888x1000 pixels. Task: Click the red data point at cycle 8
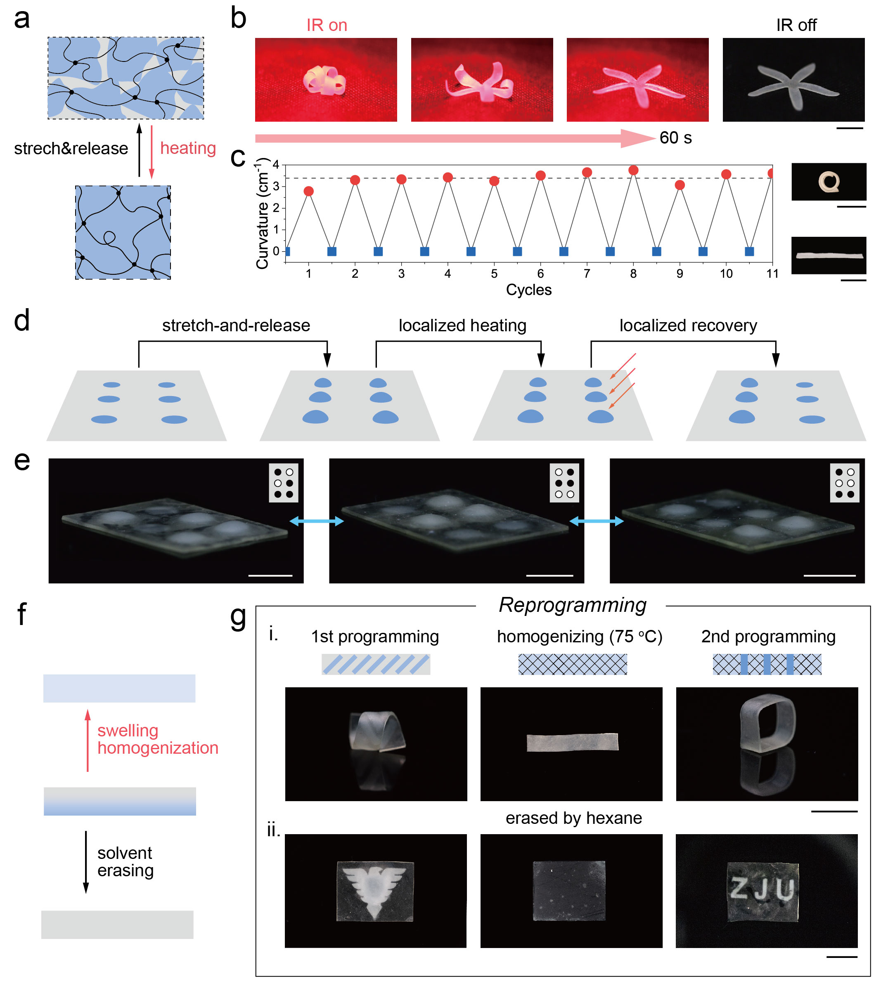(x=633, y=170)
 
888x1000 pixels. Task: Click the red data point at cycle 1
(x=308, y=191)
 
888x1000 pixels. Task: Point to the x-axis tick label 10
(x=726, y=274)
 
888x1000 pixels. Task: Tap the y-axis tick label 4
(x=276, y=165)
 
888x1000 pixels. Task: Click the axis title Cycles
(x=529, y=290)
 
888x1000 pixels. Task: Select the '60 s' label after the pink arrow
(x=675, y=138)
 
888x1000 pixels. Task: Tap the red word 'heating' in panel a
(x=188, y=148)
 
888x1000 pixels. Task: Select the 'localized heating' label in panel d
(x=462, y=325)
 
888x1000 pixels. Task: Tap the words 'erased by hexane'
(x=574, y=818)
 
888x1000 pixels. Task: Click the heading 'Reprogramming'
(x=572, y=605)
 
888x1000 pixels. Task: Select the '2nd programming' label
(x=768, y=637)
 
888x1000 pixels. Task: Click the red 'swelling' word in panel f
(x=128, y=731)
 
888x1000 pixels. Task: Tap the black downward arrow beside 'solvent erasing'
(x=86, y=861)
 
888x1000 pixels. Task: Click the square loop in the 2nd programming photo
(x=767, y=723)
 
